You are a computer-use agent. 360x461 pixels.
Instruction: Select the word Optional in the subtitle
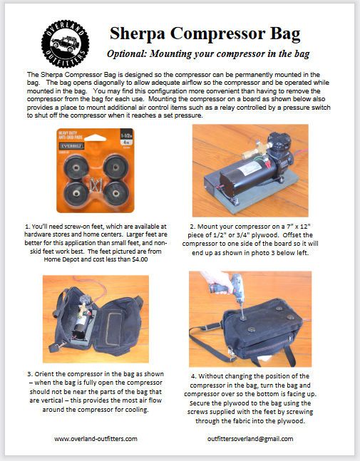pyautogui.click(x=129, y=55)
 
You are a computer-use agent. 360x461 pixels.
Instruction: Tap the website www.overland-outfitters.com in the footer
pyautogui.click(x=96, y=439)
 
